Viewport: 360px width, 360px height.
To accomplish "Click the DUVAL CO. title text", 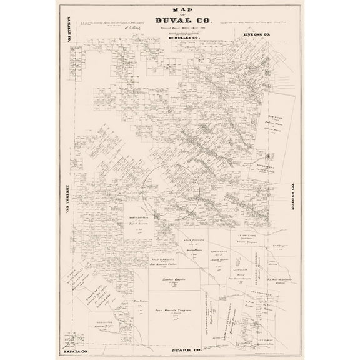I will click(180, 20).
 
